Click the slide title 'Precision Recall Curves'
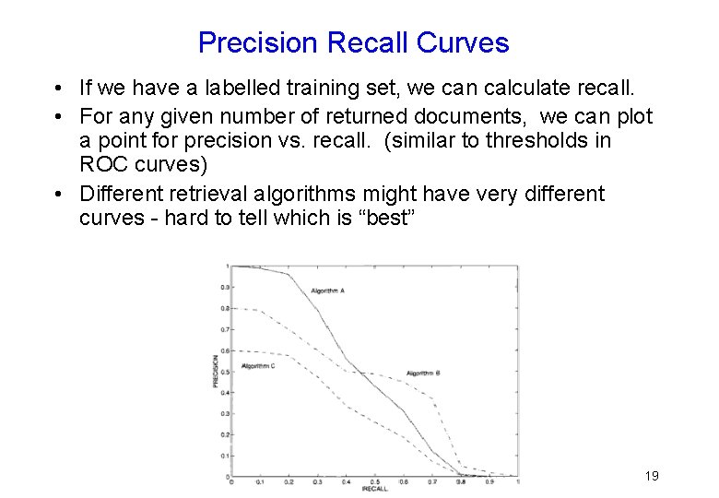coord(353,42)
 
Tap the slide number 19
coord(652,476)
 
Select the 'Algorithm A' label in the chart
coord(327,290)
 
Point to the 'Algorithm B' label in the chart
coord(423,373)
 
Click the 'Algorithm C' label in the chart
coord(258,366)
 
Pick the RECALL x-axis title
coord(374,489)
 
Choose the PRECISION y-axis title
coord(217,371)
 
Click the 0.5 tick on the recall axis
coord(374,481)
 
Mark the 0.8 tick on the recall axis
coord(461,481)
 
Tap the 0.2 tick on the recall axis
coord(289,481)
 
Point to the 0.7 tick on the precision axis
coord(224,329)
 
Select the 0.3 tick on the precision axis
coord(224,413)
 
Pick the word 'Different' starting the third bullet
coord(118,195)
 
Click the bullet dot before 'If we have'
coord(58,89)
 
